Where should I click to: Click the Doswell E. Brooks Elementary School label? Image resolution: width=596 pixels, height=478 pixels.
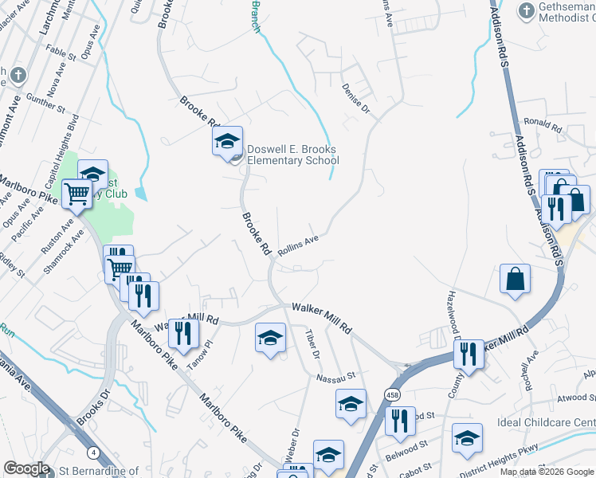292,155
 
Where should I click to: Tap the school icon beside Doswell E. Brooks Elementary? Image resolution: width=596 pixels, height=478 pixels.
227,142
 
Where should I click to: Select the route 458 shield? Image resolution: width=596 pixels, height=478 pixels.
392,395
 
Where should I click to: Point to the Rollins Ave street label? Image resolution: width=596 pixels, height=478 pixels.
298,243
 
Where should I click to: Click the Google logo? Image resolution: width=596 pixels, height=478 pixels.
26,468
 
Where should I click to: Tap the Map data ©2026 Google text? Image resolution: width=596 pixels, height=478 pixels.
547,472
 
